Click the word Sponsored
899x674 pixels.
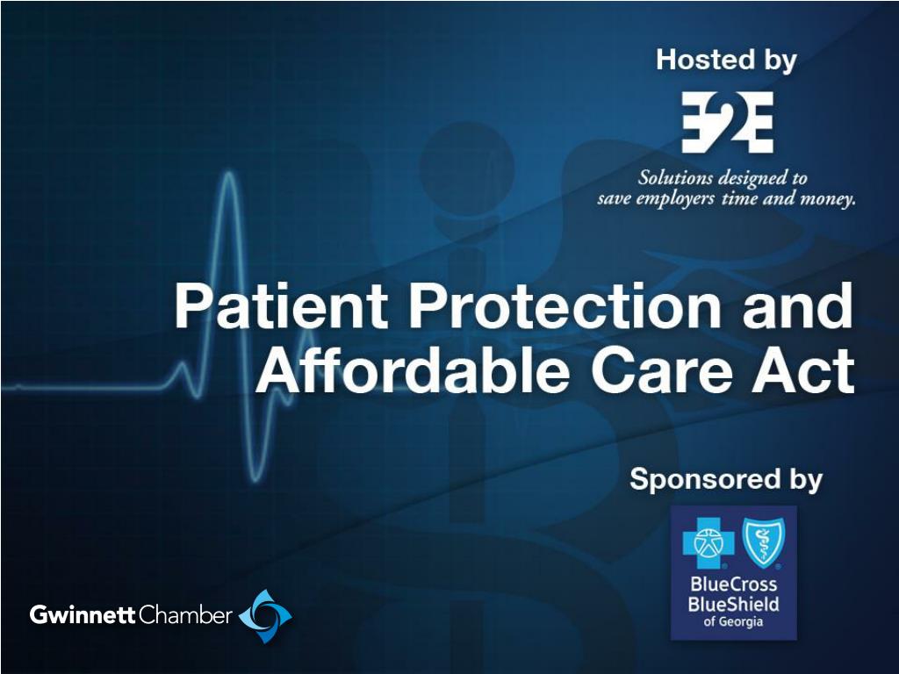[706, 480]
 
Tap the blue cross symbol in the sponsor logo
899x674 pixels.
[708, 541]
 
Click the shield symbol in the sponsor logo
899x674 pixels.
[763, 541]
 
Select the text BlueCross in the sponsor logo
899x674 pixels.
[734, 584]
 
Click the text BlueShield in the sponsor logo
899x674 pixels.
[733, 604]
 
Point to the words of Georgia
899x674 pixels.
[733, 622]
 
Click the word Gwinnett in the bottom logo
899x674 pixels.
[83, 615]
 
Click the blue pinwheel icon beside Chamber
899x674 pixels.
[265, 616]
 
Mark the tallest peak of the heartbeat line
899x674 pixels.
[229, 172]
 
